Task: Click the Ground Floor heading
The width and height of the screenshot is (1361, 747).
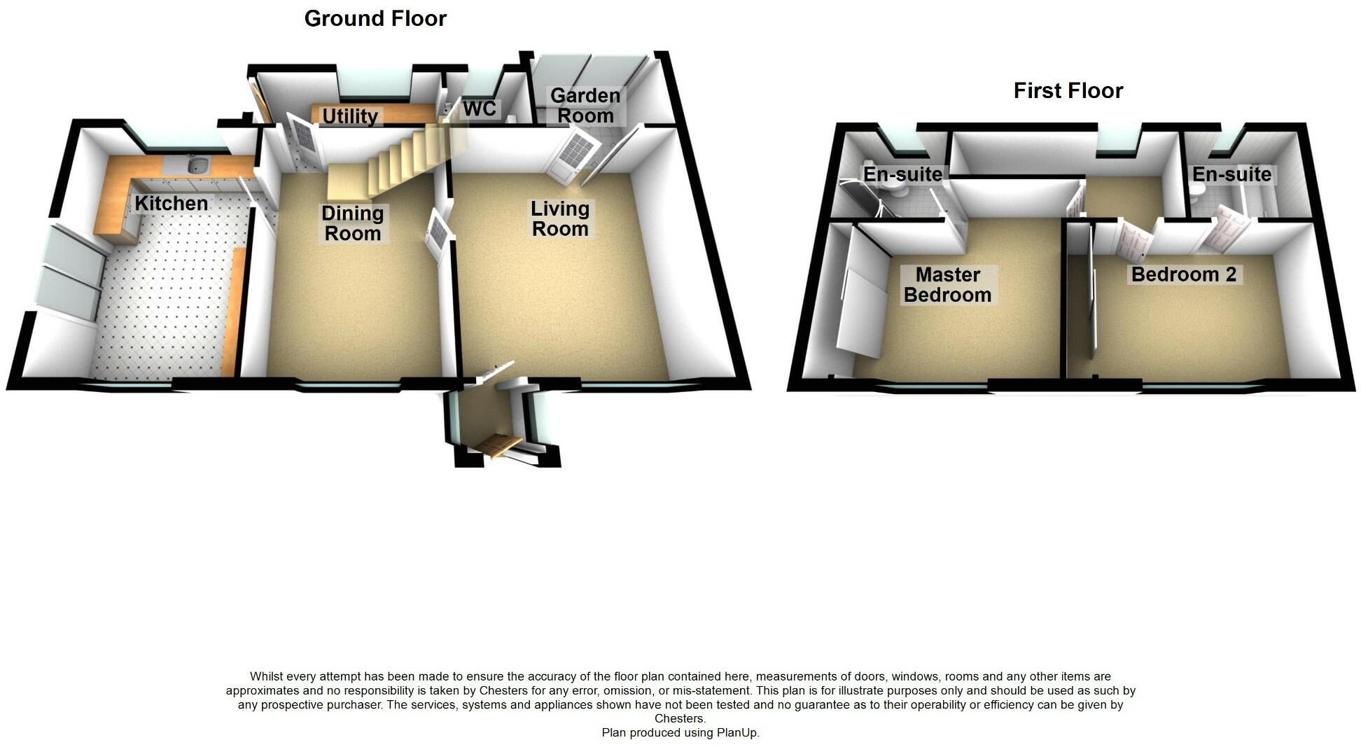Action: [375, 18]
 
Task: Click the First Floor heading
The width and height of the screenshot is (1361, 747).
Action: [1068, 90]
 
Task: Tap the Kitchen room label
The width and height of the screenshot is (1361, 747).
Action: [172, 204]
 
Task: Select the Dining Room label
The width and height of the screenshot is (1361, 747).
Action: [352, 223]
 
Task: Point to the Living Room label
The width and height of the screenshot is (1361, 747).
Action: [560, 218]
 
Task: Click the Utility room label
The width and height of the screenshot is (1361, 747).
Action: [350, 116]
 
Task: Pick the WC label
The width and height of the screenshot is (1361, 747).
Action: [480, 109]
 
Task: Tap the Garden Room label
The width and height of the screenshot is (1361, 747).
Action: [585, 106]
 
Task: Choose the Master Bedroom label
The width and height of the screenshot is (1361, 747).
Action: [947, 285]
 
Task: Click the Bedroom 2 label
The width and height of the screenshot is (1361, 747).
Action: [1184, 274]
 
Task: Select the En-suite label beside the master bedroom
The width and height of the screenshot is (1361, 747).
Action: [902, 174]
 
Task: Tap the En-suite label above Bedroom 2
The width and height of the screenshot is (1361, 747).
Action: [1231, 174]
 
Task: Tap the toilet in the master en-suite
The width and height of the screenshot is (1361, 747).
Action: [893, 191]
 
